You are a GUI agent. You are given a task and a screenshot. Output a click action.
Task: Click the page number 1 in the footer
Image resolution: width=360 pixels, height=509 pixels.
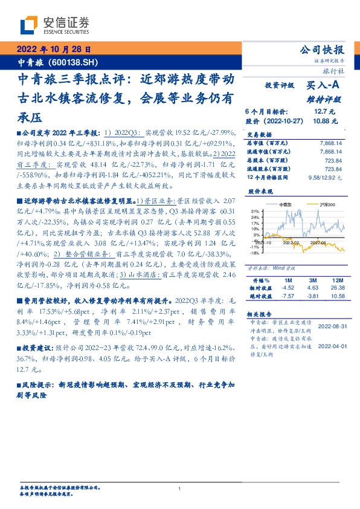[x=180, y=488]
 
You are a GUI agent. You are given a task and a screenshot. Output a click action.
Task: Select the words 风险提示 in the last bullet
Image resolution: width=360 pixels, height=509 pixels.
[x=38, y=384]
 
